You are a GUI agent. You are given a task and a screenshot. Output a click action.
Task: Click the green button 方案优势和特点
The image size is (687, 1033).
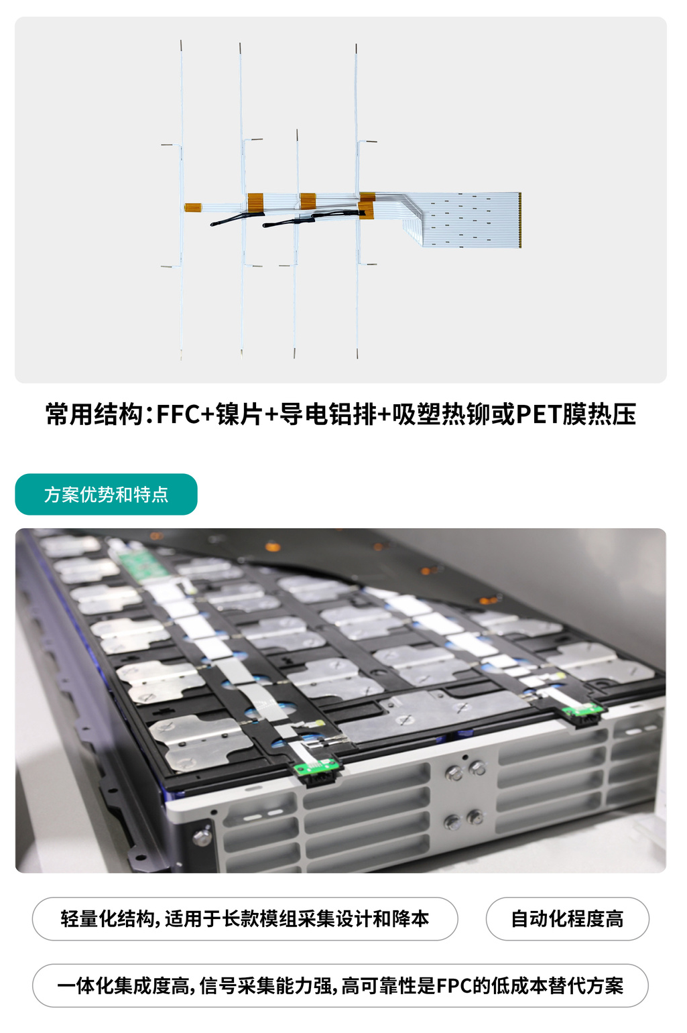[x=106, y=494]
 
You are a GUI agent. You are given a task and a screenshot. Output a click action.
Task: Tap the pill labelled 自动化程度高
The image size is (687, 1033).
[x=567, y=918]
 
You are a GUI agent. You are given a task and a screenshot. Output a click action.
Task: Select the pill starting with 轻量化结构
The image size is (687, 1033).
[x=245, y=918]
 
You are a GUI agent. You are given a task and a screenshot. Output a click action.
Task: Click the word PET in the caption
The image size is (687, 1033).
[x=538, y=414]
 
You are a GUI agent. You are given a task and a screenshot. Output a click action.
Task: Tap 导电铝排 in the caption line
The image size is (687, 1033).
[x=328, y=414]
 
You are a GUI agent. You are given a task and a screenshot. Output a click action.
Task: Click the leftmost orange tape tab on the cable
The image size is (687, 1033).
[x=193, y=208]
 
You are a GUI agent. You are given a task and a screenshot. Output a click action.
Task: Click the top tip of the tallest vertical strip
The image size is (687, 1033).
[x=356, y=47]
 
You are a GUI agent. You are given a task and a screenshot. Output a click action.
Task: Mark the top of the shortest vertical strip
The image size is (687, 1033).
[x=297, y=132]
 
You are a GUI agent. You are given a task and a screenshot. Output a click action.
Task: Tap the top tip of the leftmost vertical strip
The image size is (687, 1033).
[x=181, y=43]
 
